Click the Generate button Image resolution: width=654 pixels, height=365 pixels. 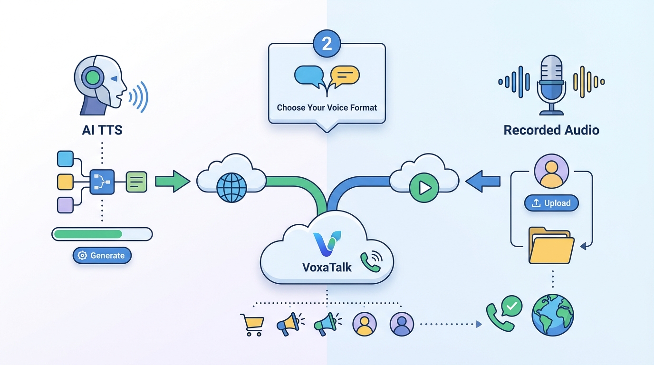click(x=102, y=256)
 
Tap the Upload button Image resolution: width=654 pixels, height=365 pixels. click(x=551, y=203)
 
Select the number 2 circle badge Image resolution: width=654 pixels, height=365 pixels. click(x=327, y=43)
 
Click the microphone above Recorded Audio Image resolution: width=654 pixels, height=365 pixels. click(x=551, y=83)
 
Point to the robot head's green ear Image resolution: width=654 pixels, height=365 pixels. click(x=94, y=77)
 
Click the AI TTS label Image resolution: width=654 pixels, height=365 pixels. click(x=102, y=130)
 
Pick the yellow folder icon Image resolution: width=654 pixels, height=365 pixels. click(x=551, y=245)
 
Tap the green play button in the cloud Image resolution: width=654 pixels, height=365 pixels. click(x=423, y=188)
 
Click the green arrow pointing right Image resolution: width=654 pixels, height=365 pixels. click(x=173, y=182)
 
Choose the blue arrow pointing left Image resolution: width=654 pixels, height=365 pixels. click(x=483, y=181)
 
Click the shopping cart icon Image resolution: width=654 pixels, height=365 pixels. click(x=252, y=325)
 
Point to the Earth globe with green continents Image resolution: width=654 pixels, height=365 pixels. click(x=553, y=315)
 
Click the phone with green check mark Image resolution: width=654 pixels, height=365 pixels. click(x=503, y=313)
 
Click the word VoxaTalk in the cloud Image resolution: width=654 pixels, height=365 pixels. click(x=327, y=267)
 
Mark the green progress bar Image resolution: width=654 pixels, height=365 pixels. click(x=88, y=234)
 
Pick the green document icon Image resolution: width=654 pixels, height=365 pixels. click(x=136, y=182)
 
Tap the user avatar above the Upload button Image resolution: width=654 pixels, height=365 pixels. click(x=551, y=171)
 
